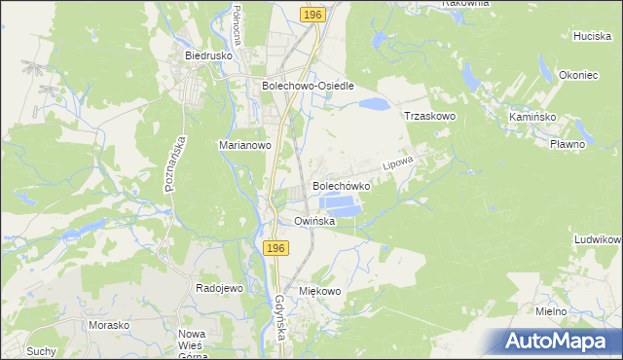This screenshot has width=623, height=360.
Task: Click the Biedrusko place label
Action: pos(206,56)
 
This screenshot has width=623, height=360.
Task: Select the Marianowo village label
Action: pos(243,145)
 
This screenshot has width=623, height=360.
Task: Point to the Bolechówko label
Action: pos(341,185)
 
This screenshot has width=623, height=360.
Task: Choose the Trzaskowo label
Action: pos(430,116)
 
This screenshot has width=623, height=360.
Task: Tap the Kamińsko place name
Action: pos(531,116)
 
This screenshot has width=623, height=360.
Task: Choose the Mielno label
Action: pos(551,310)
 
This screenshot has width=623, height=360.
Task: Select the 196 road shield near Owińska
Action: pos(275,250)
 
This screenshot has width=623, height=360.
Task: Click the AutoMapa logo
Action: pos(557,342)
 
